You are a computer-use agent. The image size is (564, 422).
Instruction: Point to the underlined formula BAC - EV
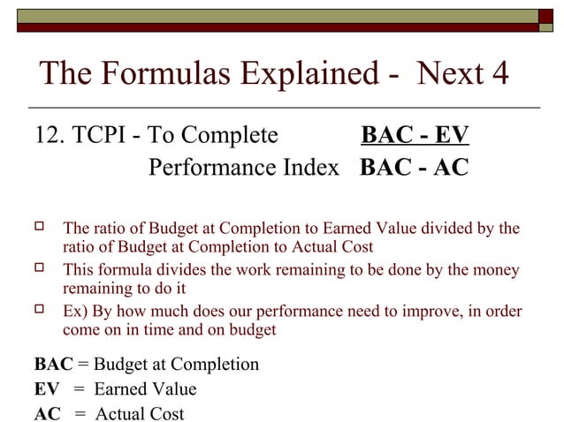click(x=415, y=136)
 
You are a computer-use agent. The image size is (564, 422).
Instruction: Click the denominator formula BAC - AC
click(x=414, y=167)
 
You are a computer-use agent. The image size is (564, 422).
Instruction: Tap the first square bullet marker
click(x=39, y=229)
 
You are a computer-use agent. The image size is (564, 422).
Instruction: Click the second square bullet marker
click(x=39, y=269)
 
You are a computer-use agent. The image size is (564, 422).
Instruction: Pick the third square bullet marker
click(x=39, y=311)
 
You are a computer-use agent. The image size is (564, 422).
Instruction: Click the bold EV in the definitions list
click(x=46, y=389)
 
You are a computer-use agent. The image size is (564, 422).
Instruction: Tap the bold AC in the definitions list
click(x=47, y=413)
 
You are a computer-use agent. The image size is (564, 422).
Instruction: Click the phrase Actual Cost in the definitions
click(x=140, y=413)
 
